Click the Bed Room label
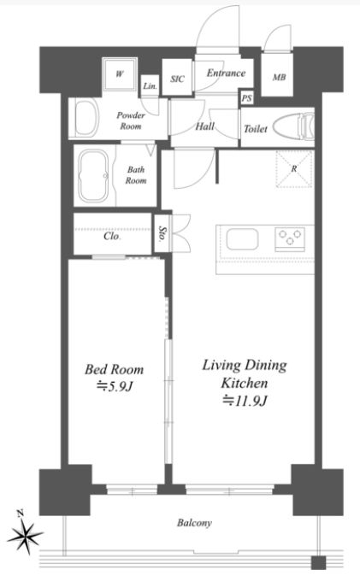(x=115, y=369)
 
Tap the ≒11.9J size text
(x=245, y=401)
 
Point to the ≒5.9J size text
(x=115, y=386)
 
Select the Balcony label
(x=194, y=523)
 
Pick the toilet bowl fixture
(x=293, y=126)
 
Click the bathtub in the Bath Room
(x=93, y=176)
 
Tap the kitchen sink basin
(x=243, y=239)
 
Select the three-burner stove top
(x=290, y=238)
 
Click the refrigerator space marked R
(x=294, y=169)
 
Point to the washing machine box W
(x=120, y=74)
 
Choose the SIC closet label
(x=177, y=79)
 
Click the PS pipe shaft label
(x=246, y=98)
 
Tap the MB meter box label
(x=279, y=77)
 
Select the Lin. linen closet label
(x=150, y=86)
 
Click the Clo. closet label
(x=112, y=236)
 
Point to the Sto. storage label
(x=162, y=233)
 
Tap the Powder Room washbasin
(x=86, y=118)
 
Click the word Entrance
(x=226, y=73)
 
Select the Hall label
(x=205, y=126)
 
